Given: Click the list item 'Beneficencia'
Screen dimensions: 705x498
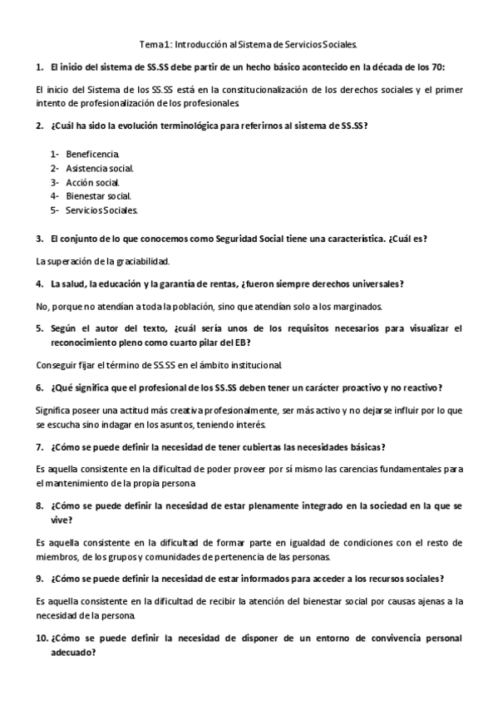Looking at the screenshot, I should tap(92, 154).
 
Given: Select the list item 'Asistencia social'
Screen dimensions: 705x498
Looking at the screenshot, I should tap(100, 168).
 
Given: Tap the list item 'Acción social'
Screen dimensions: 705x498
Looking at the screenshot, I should tap(93, 182).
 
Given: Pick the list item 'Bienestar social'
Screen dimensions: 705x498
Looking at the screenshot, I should tap(98, 196).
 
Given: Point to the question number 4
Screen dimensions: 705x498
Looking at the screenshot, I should tap(39, 283).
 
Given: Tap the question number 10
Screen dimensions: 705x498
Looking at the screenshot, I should tap(42, 638).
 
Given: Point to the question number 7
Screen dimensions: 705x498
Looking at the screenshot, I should tap(39, 446).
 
